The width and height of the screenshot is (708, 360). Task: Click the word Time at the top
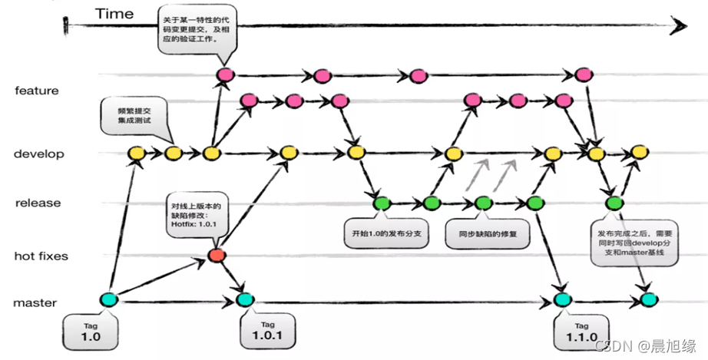pyautogui.click(x=114, y=13)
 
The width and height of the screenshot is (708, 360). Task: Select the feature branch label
pyautogui.click(x=37, y=91)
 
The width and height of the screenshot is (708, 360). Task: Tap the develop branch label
pyautogui.click(x=39, y=154)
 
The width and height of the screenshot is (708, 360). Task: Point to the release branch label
pyautogui.click(x=38, y=203)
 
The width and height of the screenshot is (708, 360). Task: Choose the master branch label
pyautogui.click(x=35, y=302)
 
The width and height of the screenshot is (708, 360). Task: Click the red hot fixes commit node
pyautogui.click(x=217, y=255)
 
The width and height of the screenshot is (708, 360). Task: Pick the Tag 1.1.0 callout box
pyautogui.click(x=581, y=331)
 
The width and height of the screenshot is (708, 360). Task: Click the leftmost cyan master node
pyautogui.click(x=108, y=300)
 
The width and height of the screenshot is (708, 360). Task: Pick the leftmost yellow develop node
pyautogui.click(x=137, y=154)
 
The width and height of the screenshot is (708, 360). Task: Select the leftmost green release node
pyautogui.click(x=381, y=203)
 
